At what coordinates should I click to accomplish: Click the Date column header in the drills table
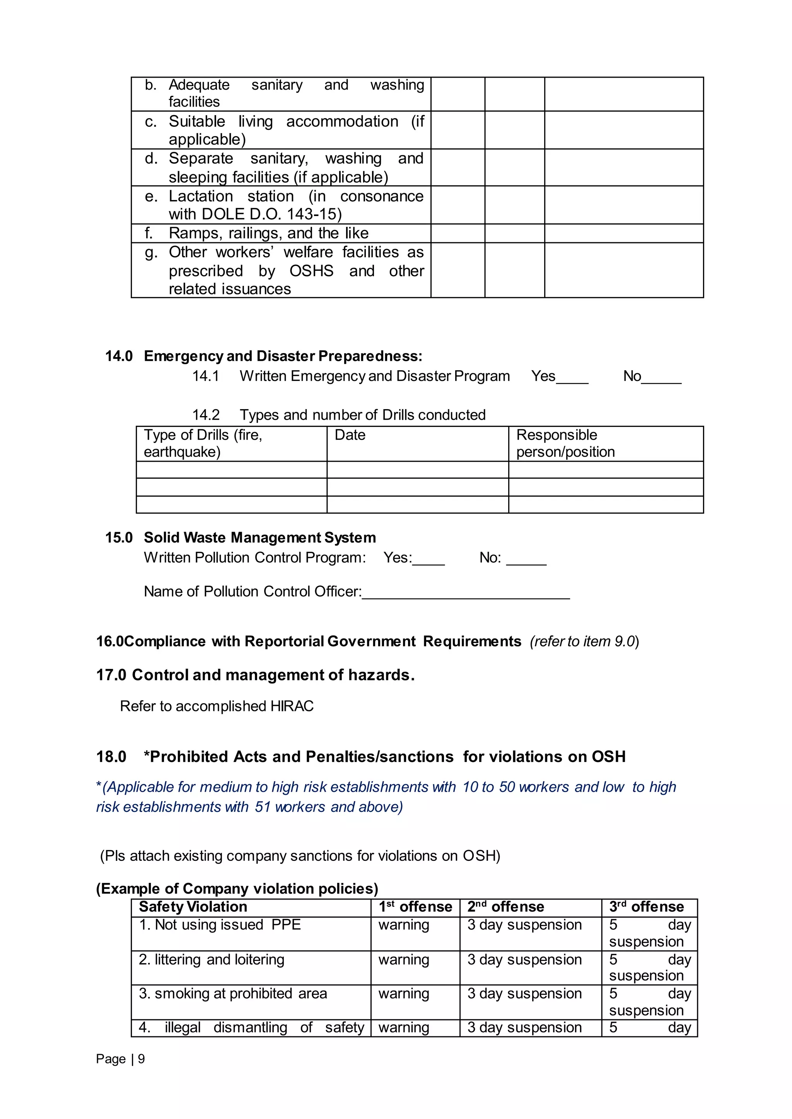coord(350,435)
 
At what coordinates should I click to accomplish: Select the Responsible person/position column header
coord(565,444)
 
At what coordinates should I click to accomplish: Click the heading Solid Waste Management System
coord(259,537)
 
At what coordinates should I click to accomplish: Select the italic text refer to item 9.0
coord(584,641)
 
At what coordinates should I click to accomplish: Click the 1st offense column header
coord(415,907)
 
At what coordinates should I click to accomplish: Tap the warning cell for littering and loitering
coord(403,960)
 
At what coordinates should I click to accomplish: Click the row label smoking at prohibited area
coord(233,994)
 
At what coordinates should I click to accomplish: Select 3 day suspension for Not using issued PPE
coord(524,925)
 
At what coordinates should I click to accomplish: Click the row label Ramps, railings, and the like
coord(268,233)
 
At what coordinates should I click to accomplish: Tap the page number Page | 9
coord(120,1059)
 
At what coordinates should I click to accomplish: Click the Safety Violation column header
coord(193,907)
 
